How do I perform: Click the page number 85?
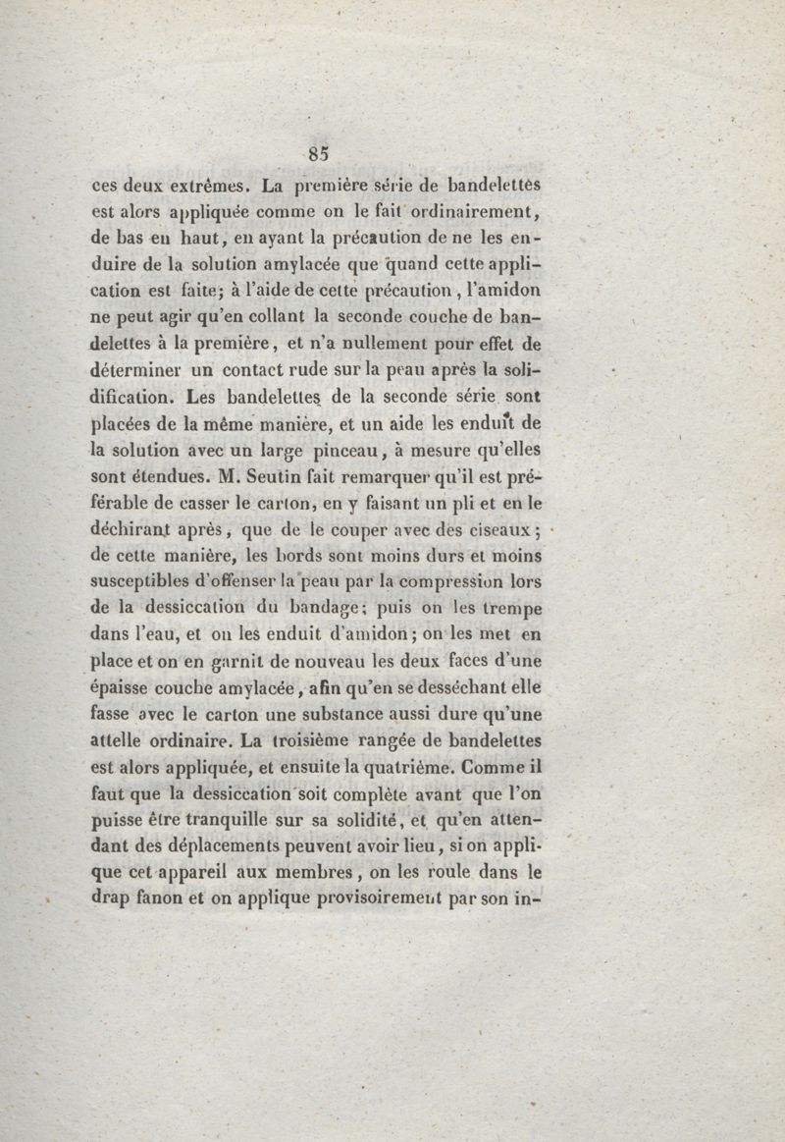point(317,152)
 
